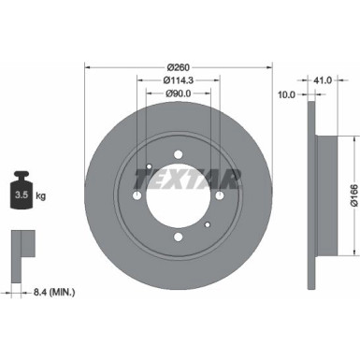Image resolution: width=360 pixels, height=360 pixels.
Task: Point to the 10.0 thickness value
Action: click(x=287, y=94)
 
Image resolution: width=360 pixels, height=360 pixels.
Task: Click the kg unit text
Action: click(x=42, y=197)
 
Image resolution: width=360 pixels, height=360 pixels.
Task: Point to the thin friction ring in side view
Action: click(x=310, y=195)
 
